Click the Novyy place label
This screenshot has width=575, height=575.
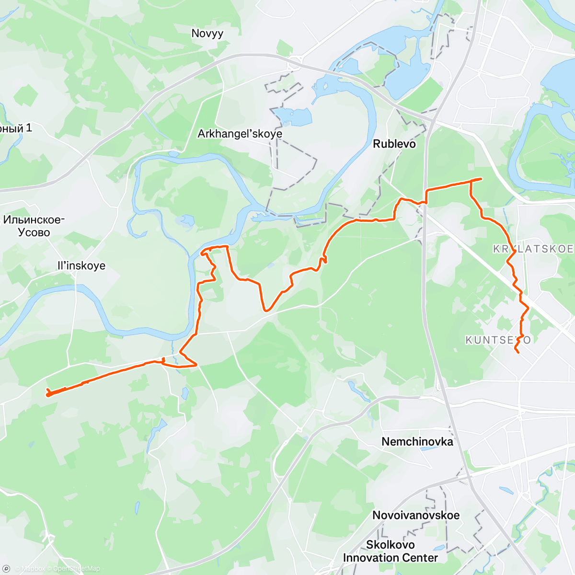(x=207, y=34)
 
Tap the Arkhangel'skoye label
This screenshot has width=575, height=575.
(x=240, y=134)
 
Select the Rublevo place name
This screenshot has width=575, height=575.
(x=394, y=144)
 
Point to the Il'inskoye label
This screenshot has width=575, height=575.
(x=81, y=265)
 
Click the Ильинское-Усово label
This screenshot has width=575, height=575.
(x=34, y=226)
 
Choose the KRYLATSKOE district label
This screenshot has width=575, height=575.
(x=533, y=249)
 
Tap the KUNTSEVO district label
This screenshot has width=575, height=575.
(x=498, y=340)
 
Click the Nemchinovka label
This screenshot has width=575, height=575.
(x=417, y=441)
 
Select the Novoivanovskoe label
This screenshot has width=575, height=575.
(x=416, y=515)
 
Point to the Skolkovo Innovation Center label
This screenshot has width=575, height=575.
(x=390, y=551)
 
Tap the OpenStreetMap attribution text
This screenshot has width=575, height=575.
(x=76, y=569)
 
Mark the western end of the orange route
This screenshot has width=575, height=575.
(x=48, y=394)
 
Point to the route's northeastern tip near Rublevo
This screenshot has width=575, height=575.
(x=481, y=179)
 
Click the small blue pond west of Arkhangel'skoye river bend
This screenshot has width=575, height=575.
(x=185, y=220)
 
